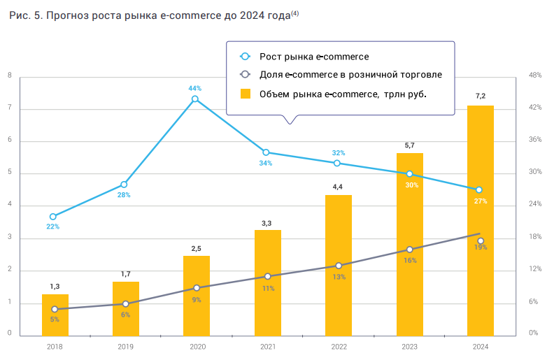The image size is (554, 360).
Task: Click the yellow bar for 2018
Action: [x=55, y=315]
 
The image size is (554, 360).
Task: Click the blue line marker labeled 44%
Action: [x=195, y=99]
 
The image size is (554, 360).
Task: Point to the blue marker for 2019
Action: [x=125, y=185]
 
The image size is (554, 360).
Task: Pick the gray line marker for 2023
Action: [x=409, y=250]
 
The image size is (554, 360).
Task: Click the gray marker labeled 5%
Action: [x=55, y=309]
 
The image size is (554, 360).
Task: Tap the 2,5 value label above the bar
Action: [x=197, y=248]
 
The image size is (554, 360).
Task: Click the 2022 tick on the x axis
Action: [x=338, y=346]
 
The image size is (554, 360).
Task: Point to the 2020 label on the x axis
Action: [x=196, y=346]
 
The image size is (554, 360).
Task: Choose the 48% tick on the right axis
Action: [x=535, y=75]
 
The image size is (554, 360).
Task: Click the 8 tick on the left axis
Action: [x=9, y=76]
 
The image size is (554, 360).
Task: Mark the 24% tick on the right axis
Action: [x=535, y=205]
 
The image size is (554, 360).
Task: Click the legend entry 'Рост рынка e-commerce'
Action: [x=314, y=57]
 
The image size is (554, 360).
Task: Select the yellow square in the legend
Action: [x=245, y=94]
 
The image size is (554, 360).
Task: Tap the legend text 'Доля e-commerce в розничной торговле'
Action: [x=350, y=75]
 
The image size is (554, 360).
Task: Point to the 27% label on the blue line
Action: [x=480, y=201]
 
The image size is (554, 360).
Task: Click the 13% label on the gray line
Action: [x=339, y=277]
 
